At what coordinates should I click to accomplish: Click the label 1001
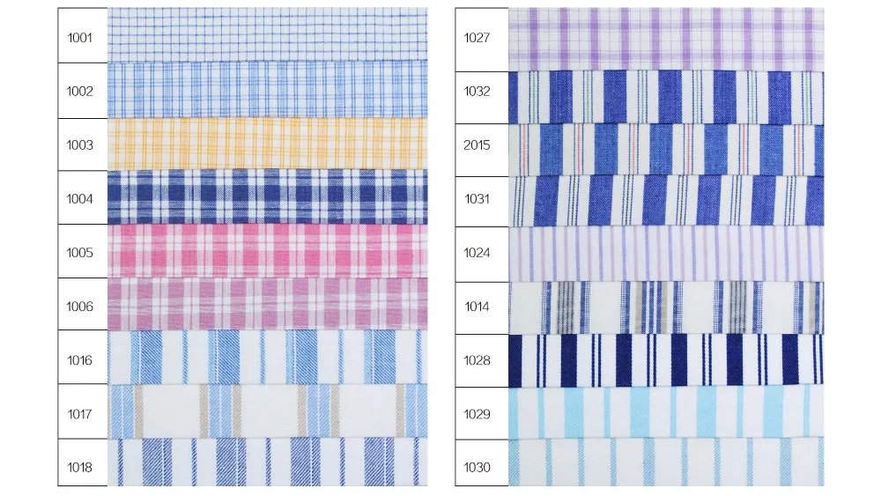click(80, 37)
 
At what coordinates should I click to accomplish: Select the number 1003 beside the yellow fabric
click(80, 144)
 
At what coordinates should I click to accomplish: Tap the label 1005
click(80, 253)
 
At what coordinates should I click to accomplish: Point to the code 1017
click(80, 413)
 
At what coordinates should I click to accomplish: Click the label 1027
click(477, 37)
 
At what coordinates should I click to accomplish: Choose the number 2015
click(477, 145)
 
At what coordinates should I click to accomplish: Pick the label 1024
click(477, 253)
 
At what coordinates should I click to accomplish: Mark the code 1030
click(477, 467)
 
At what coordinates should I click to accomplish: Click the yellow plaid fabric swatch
click(267, 144)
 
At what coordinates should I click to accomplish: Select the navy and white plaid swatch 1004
click(267, 197)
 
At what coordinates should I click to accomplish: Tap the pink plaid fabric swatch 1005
click(267, 252)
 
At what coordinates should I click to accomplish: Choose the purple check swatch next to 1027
click(666, 38)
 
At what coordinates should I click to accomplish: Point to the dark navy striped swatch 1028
click(666, 360)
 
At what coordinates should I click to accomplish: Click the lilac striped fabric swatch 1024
click(666, 253)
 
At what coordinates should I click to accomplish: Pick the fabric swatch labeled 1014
click(666, 307)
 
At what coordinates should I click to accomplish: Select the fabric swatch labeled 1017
click(267, 412)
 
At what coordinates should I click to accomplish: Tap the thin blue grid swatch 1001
click(267, 35)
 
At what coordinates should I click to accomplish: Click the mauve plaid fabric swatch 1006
click(267, 305)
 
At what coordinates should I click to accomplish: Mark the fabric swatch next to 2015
click(666, 148)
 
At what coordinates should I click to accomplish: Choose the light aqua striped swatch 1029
click(666, 412)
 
